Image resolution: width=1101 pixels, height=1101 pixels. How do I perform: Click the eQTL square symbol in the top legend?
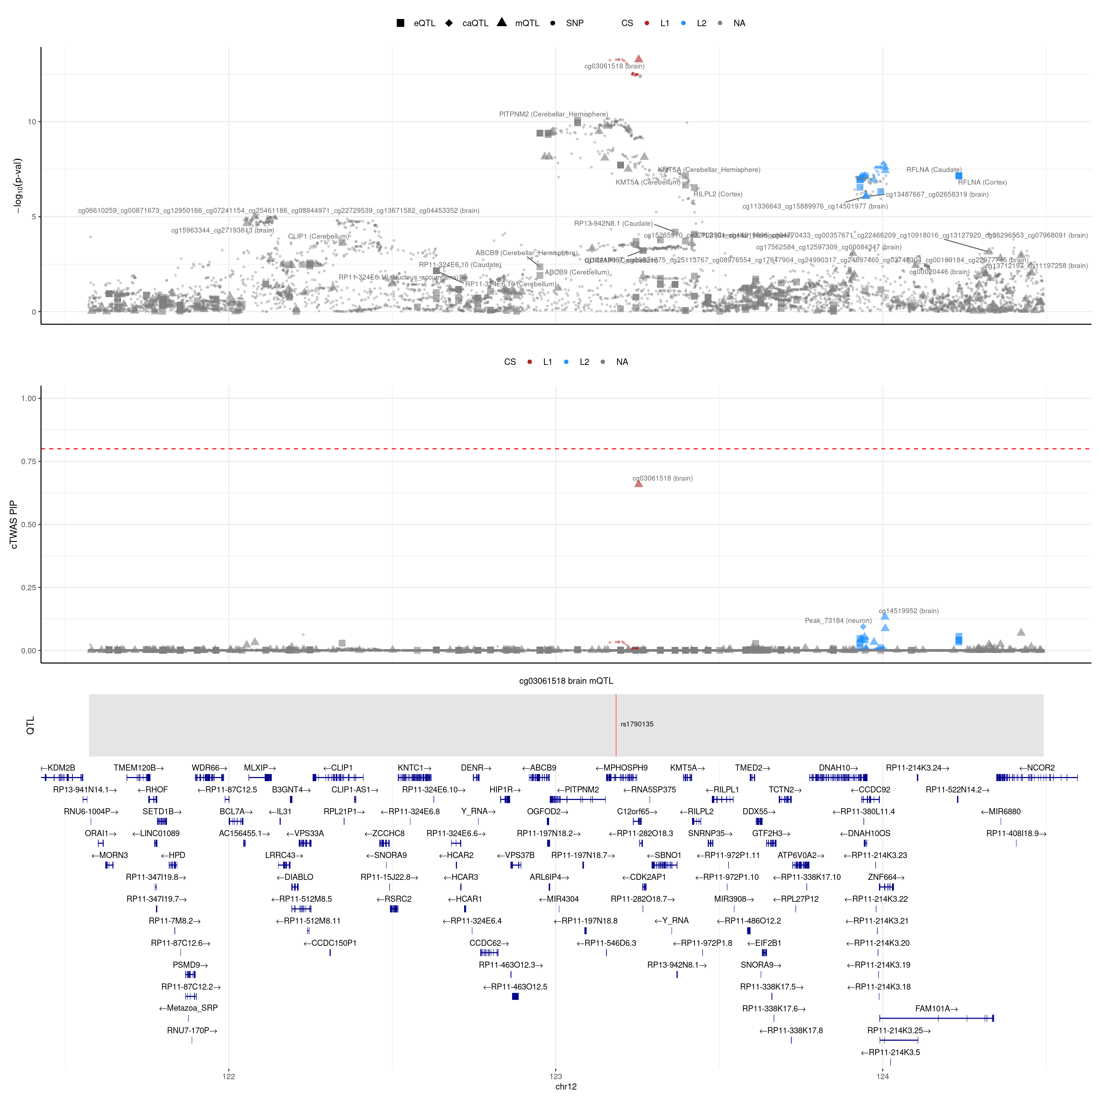(x=401, y=23)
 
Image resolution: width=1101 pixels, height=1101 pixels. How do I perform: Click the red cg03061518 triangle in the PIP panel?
(x=638, y=483)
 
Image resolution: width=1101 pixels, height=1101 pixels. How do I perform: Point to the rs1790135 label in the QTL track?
(x=637, y=724)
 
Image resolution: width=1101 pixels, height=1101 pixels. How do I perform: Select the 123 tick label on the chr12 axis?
(x=556, y=1077)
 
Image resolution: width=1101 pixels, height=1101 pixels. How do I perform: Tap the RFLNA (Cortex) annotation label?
(x=982, y=182)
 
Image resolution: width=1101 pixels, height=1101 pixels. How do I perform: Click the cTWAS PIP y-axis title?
(x=14, y=524)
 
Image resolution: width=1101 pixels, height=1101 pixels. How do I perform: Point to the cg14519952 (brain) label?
(x=909, y=611)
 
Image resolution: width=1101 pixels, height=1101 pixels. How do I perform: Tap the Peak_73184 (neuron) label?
(x=838, y=621)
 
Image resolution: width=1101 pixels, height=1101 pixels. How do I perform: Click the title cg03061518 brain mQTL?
(x=566, y=681)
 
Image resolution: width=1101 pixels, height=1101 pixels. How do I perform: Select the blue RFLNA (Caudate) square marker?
(x=959, y=176)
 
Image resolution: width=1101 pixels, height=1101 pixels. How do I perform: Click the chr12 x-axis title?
(x=566, y=1087)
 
